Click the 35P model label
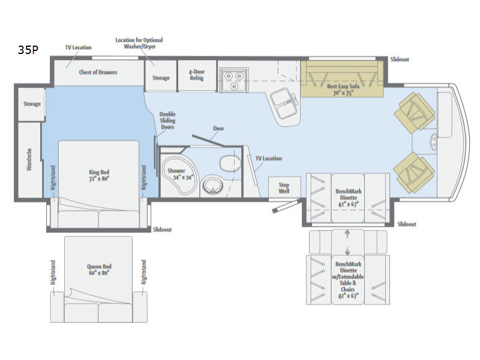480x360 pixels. (x=28, y=50)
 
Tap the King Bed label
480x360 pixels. (x=99, y=175)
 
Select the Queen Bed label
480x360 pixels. (x=99, y=269)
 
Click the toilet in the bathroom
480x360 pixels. (x=230, y=163)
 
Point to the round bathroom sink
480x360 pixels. (x=212, y=185)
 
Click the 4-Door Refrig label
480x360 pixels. (x=197, y=74)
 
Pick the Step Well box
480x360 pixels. (x=284, y=188)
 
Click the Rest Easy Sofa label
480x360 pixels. (x=343, y=89)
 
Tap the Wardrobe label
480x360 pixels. (x=29, y=160)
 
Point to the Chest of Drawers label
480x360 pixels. (x=98, y=72)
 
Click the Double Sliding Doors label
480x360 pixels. (x=167, y=121)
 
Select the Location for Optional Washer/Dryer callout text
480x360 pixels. (x=139, y=43)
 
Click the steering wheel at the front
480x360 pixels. (x=433, y=142)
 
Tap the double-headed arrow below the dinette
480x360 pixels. (x=347, y=243)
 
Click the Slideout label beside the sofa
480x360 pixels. (x=400, y=59)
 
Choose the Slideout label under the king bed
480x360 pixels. (x=162, y=230)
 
